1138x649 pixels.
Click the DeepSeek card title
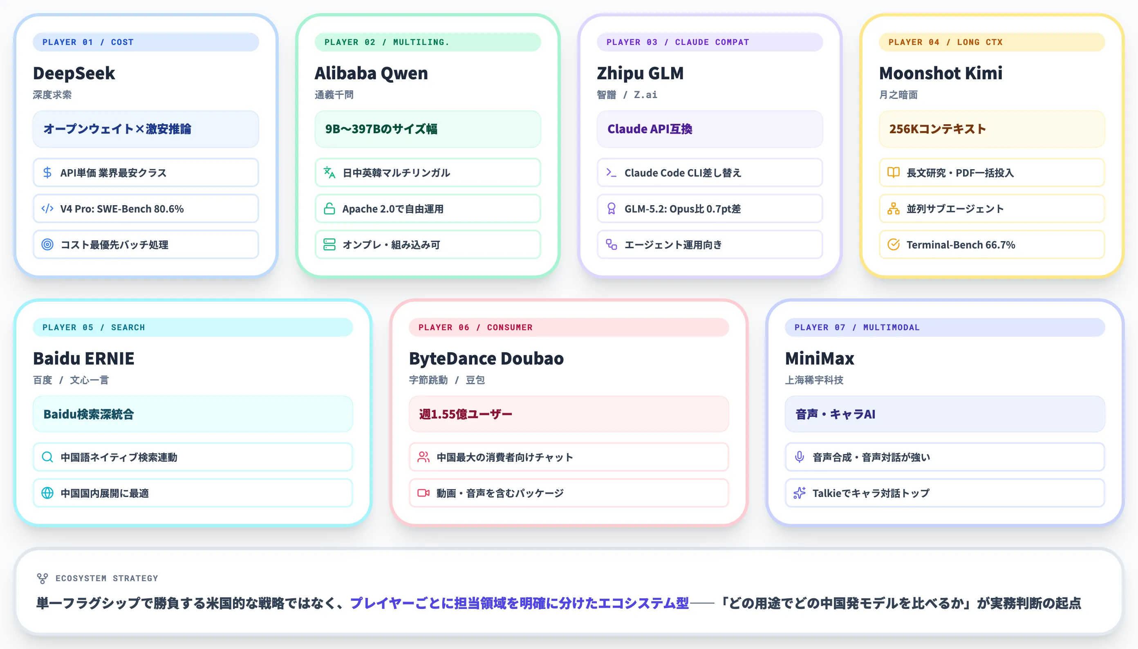click(74, 73)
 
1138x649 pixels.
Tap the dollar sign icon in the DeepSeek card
click(47, 172)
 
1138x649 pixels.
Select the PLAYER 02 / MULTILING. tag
click(428, 42)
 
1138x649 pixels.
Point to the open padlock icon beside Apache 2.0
click(329, 208)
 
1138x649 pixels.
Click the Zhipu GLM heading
click(640, 73)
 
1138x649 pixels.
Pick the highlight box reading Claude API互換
click(710, 129)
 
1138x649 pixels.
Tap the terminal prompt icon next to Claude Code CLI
click(611, 172)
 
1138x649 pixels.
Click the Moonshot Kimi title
click(941, 73)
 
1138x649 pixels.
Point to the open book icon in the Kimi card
click(893, 172)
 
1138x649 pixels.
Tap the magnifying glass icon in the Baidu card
click(47, 457)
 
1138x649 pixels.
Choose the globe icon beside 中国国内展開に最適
click(47, 492)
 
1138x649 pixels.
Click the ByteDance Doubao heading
click(486, 358)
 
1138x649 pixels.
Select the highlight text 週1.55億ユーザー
click(465, 414)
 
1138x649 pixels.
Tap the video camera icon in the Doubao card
click(423, 492)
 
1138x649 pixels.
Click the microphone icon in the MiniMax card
click(799, 457)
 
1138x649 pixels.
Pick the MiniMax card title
click(819, 358)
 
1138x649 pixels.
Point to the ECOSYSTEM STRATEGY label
click(107, 578)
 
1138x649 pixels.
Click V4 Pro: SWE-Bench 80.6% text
click(122, 208)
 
